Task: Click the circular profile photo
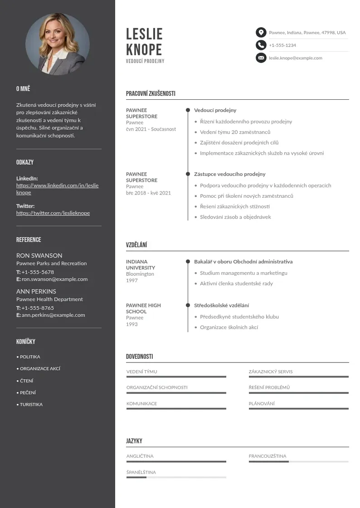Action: [x=58, y=44]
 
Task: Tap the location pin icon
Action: [x=261, y=33]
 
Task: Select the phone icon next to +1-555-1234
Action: [x=261, y=45]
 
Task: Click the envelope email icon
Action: [x=261, y=58]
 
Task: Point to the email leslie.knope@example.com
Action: [x=295, y=58]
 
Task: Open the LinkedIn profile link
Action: [x=57, y=189]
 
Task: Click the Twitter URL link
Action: [x=53, y=213]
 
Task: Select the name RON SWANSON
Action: [x=39, y=255]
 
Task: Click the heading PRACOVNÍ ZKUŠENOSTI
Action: [x=151, y=93]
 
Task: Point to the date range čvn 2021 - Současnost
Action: [x=151, y=129]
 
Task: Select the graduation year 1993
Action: [x=132, y=324]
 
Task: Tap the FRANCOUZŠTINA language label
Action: [x=268, y=456]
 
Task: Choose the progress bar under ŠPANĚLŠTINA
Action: [x=176, y=477]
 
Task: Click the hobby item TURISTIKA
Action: [x=31, y=404]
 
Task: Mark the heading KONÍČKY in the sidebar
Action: [x=26, y=342]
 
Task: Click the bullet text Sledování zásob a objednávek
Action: [x=235, y=217]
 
